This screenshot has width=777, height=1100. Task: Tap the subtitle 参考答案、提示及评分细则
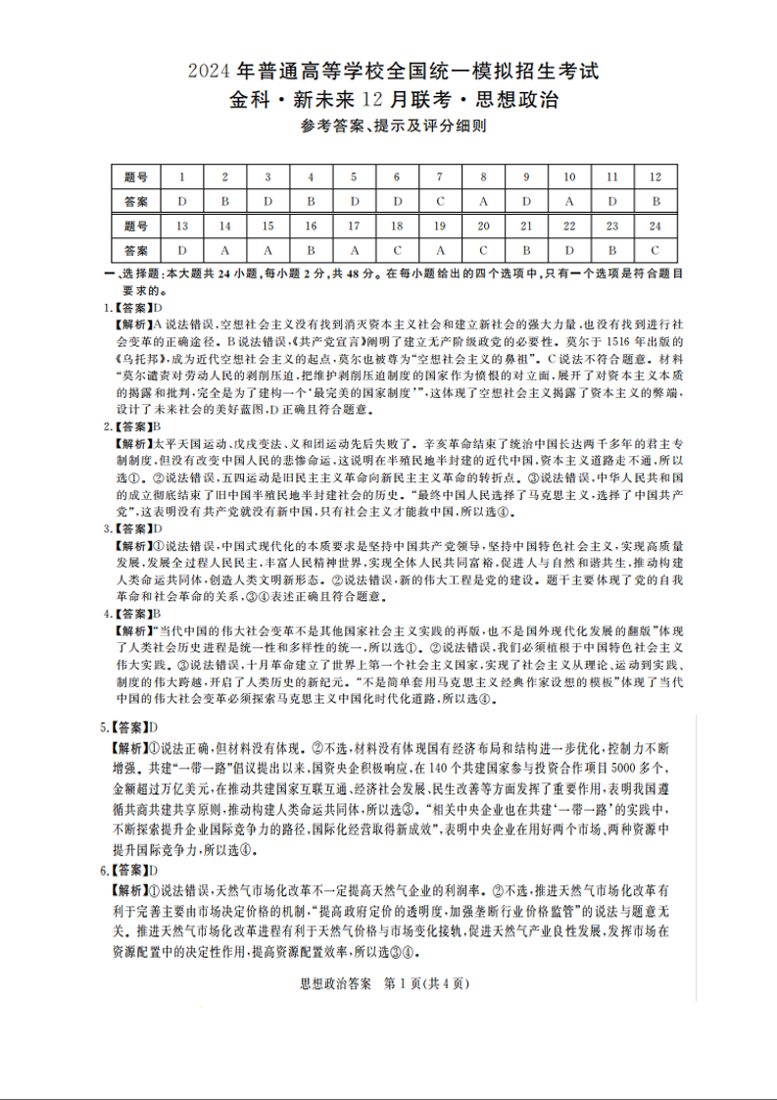[x=389, y=125]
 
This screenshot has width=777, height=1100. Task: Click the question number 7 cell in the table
[x=440, y=176]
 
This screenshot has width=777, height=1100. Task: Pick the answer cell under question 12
[x=655, y=201]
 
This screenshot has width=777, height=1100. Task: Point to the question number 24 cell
[x=655, y=225]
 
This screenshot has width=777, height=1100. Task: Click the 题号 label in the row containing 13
[x=137, y=225]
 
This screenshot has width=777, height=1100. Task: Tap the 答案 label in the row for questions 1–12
[x=137, y=201]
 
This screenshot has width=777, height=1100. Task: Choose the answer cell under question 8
[x=483, y=201]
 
